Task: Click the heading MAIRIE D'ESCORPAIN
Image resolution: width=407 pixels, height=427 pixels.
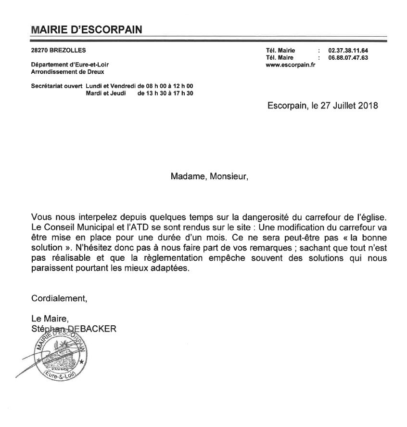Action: point(86,29)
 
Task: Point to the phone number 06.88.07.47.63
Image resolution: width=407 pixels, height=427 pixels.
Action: point(348,58)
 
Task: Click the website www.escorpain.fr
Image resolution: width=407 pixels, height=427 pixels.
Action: point(290,65)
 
